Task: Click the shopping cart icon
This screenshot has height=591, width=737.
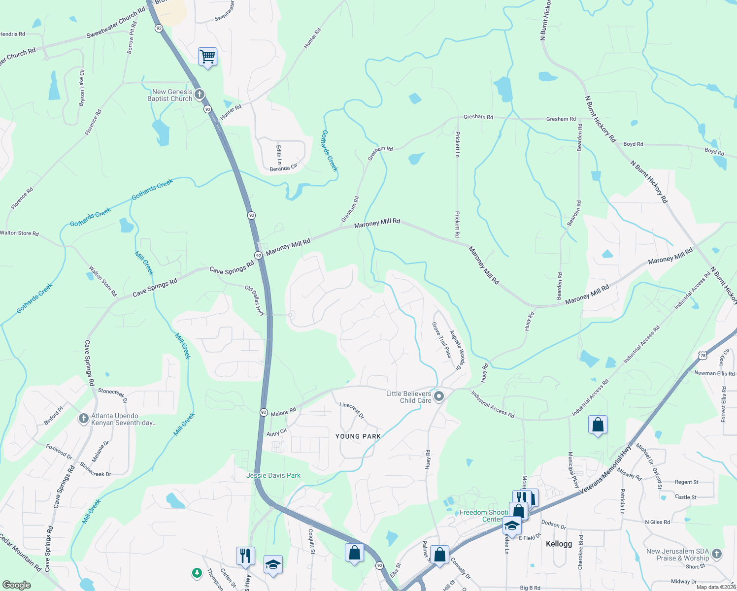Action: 207,57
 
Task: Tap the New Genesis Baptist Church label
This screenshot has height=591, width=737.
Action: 170,95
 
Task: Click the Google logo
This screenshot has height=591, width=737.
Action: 16,585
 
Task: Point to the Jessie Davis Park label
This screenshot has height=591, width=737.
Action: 273,475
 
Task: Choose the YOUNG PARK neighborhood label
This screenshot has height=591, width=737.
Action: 358,436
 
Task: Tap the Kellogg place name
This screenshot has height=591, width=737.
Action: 559,544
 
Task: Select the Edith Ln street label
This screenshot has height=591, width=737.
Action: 279,155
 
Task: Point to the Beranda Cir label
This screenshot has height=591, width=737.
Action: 283,168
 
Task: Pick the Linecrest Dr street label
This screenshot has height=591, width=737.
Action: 352,410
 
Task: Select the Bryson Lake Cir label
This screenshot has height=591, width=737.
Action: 82,88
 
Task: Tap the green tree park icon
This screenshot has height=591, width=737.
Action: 197,573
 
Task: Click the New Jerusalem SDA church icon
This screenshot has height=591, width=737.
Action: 717,554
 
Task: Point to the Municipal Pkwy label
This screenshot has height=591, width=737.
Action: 573,470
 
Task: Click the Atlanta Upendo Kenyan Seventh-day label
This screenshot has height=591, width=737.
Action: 123,419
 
